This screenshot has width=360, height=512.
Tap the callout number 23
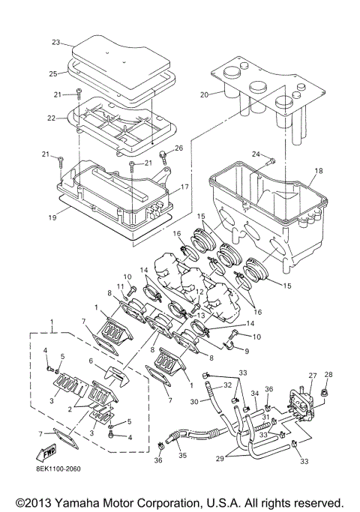coord(56,43)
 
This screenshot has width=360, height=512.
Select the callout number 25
coord(53,73)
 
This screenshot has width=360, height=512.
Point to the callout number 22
coord(52,118)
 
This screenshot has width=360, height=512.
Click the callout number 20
coord(204,95)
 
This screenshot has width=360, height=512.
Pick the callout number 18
coord(319,171)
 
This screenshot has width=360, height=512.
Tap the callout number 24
coord(256,154)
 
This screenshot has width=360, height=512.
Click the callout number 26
coord(178,148)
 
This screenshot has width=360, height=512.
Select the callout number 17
coord(184,187)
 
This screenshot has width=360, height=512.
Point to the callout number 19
coord(52,217)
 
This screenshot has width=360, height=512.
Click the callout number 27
coord(313,376)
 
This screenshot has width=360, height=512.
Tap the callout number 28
coord(328,375)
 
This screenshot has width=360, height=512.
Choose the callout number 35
coord(182,455)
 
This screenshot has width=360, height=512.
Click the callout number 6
coord(91,360)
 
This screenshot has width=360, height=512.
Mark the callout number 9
coord(247,352)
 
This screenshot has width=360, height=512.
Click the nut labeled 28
coord(325,391)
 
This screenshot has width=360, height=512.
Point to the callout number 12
coord(199,292)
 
